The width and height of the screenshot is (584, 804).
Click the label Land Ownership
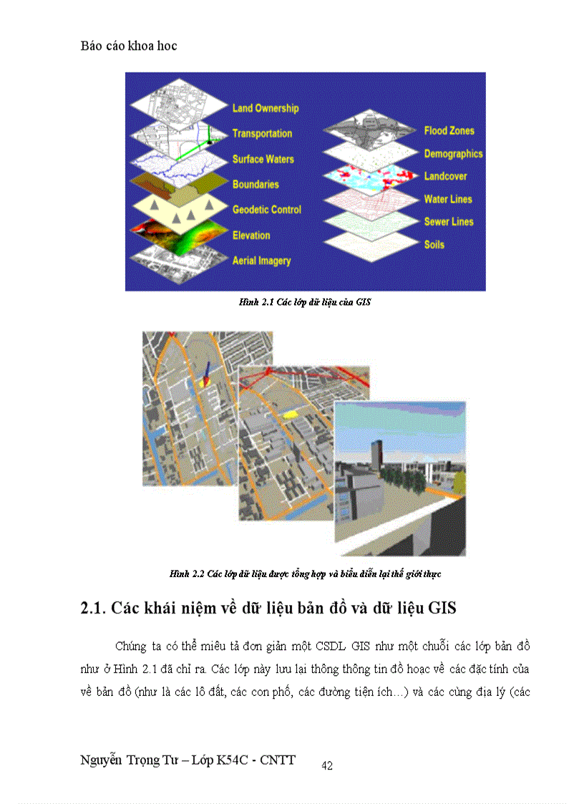tap(265, 108)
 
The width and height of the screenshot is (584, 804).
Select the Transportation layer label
tap(262, 134)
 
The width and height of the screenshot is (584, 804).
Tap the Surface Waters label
tap(263, 159)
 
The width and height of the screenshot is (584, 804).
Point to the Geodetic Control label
tap(266, 210)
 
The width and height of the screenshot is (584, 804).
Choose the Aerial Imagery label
tap(261, 261)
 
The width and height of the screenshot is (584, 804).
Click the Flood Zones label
tap(449, 131)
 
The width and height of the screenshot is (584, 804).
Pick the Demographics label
tap(453, 154)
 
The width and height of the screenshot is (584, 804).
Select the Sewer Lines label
tap(449, 222)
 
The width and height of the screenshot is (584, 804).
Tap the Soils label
tap(434, 245)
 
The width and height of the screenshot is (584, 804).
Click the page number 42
tap(327, 766)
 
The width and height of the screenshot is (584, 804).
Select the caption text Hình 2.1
tap(253, 303)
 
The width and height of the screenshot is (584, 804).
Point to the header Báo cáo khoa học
tap(129, 46)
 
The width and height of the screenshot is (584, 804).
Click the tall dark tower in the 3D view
tap(377, 459)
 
